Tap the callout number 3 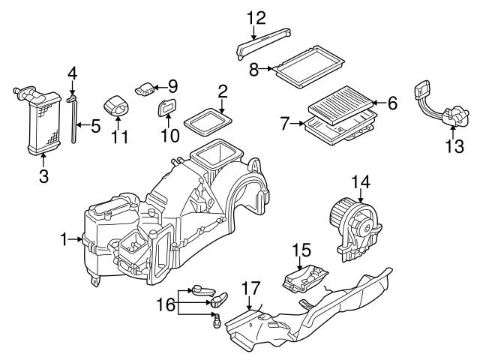[x=43, y=177]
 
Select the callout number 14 [x=361, y=181]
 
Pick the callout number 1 [x=64, y=239]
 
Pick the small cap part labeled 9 [x=144, y=88]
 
